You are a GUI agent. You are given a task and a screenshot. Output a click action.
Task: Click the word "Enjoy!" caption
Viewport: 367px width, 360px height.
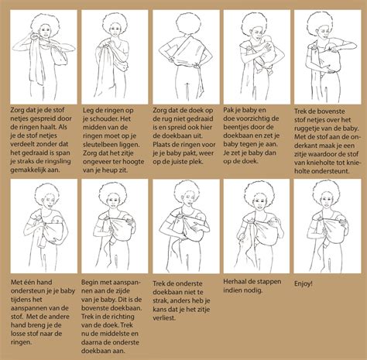pos(304,284)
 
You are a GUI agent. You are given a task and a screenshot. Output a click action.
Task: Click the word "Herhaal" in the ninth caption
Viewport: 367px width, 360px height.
pos(234,282)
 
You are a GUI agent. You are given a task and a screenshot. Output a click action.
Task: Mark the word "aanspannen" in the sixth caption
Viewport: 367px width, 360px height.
pos(27,308)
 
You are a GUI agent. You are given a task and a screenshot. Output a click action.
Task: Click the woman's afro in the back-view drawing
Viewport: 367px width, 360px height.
pos(187,24)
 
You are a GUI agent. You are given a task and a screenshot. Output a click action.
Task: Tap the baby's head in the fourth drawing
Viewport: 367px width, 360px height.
pos(268,42)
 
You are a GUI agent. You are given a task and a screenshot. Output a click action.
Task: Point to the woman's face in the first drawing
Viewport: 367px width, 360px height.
pos(46,33)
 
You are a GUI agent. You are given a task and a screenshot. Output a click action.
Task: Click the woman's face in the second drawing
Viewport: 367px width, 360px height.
pos(115,29)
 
